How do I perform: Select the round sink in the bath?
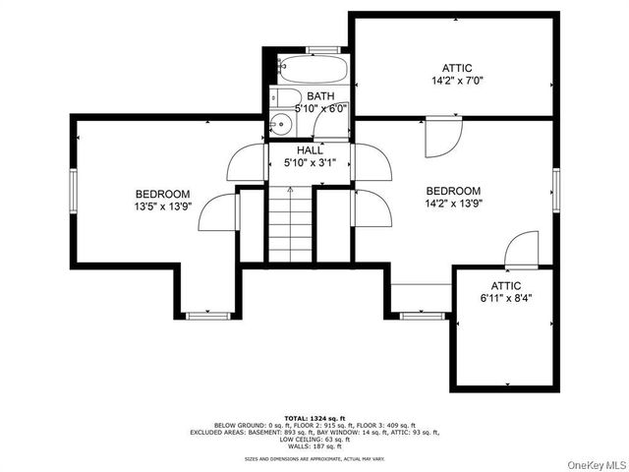[281, 123]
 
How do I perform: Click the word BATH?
[320, 96]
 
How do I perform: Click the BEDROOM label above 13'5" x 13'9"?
[162, 195]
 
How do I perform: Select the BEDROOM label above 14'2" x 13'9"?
[453, 191]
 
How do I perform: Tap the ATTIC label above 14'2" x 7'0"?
[457, 68]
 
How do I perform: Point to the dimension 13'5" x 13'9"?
[162, 207]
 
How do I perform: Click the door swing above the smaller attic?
[523, 248]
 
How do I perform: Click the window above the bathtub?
[323, 49]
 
